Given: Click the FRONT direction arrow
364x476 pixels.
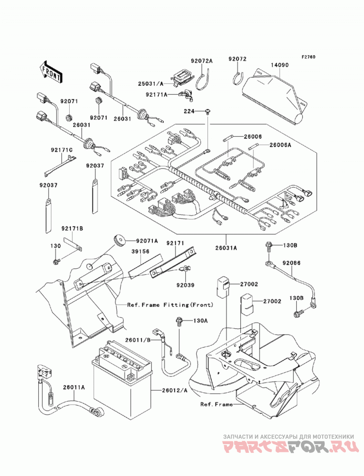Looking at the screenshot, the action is click(x=51, y=72).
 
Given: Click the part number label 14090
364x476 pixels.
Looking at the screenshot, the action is click(x=280, y=65).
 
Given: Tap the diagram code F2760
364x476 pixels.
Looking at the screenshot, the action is click(x=308, y=57).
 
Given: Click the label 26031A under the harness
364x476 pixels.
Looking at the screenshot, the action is click(x=226, y=248).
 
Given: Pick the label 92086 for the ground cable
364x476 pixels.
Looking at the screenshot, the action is click(x=291, y=263).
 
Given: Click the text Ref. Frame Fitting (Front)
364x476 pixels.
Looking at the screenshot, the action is click(x=170, y=305).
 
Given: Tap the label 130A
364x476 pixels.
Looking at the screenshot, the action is click(x=201, y=321).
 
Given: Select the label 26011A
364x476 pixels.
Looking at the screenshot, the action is click(x=74, y=387).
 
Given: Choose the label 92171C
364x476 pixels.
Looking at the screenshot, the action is click(x=62, y=150).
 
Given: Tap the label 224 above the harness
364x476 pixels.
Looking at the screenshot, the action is click(x=189, y=111).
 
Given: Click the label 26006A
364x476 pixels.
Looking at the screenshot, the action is click(x=280, y=145).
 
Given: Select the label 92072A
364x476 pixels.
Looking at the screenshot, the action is click(x=202, y=61).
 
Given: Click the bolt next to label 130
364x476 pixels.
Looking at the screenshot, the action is click(x=56, y=261).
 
